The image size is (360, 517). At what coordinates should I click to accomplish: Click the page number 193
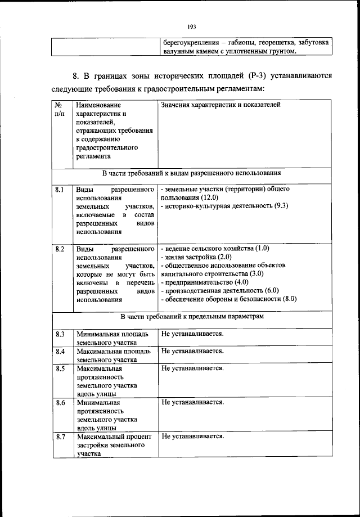pyautogui.click(x=191, y=25)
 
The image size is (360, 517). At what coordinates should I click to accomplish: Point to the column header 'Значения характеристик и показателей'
pyautogui.click(x=220, y=105)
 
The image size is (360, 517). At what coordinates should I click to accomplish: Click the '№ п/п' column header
pyautogui.click(x=58, y=109)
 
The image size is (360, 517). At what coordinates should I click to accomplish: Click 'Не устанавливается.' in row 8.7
pyautogui.click(x=192, y=437)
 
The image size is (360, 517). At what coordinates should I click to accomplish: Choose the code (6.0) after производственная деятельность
pyautogui.click(x=268, y=290)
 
